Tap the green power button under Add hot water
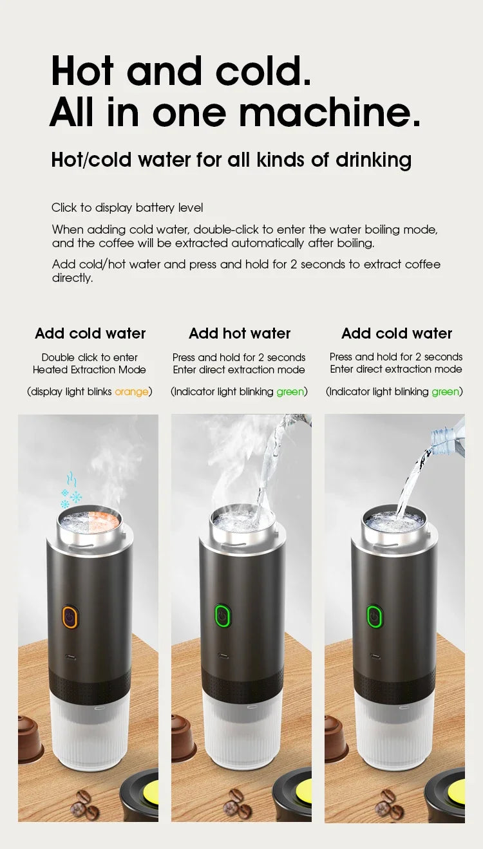pyautogui.click(x=223, y=616)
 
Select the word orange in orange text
pyautogui.click(x=131, y=391)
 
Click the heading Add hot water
pyautogui.click(x=240, y=333)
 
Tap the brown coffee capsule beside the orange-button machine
pyautogui.click(x=28, y=738)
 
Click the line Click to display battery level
pyautogui.click(x=127, y=208)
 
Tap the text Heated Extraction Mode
pyautogui.click(x=90, y=369)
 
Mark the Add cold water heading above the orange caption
pyautogui.click(x=90, y=333)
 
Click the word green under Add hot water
pyautogui.click(x=290, y=391)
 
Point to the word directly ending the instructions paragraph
pyautogui.click(x=72, y=278)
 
